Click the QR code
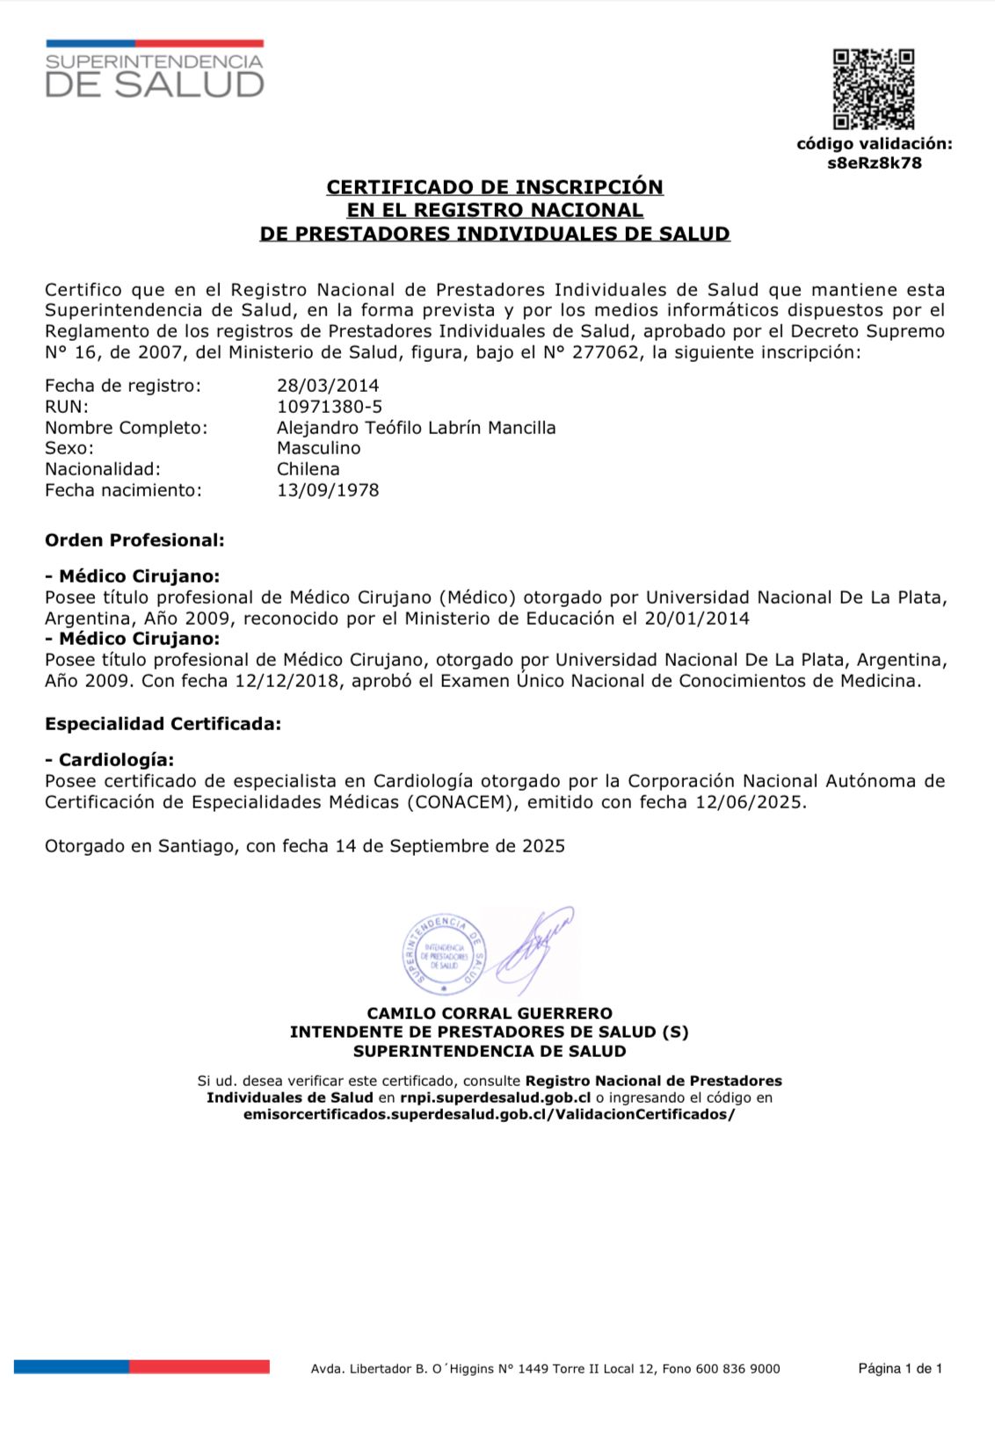click(873, 89)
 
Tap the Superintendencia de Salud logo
click(155, 69)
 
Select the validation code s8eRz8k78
click(874, 163)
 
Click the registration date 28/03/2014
click(328, 386)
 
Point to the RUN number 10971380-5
click(330, 407)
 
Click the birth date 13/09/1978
click(328, 490)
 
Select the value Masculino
click(318, 448)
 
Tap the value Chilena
click(308, 469)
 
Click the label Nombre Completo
click(127, 428)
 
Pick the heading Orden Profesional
click(134, 540)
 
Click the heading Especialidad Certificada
click(163, 724)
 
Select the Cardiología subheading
click(110, 760)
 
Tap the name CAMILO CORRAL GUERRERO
click(490, 1013)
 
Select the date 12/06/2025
click(749, 802)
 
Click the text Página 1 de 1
click(899, 1368)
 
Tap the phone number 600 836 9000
click(737, 1369)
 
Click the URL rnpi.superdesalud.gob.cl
click(495, 1097)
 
